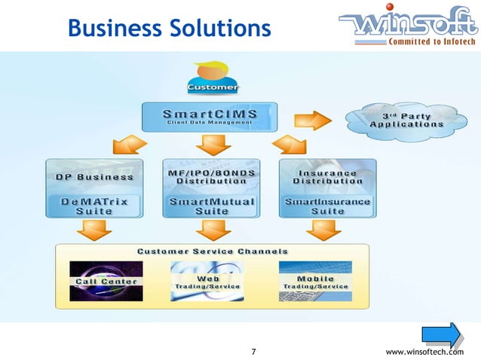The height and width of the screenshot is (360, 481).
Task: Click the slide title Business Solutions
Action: [169, 29]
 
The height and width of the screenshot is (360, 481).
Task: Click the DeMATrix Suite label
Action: [94, 206]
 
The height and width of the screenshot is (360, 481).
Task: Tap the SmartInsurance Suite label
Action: [327, 206]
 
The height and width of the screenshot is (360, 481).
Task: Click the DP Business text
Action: [94, 177]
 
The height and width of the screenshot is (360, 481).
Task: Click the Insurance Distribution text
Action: [327, 176]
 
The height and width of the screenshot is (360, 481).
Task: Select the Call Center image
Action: [106, 280]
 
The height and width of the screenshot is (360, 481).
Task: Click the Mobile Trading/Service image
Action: [314, 280]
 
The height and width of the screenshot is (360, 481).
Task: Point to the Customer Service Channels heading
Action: [212, 251]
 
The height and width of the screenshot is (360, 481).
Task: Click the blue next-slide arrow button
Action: [442, 335]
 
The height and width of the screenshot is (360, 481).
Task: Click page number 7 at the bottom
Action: [253, 352]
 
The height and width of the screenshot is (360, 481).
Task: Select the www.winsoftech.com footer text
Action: [424, 352]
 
